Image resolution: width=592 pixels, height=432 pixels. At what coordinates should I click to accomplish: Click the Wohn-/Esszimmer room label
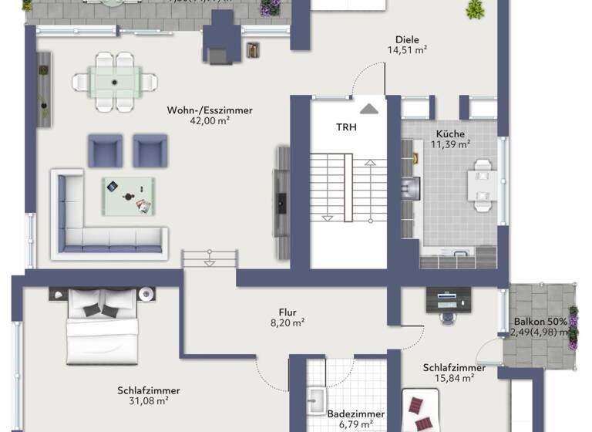pyautogui.click(x=210, y=110)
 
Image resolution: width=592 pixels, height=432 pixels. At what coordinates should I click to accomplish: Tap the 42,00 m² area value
pyautogui.click(x=210, y=120)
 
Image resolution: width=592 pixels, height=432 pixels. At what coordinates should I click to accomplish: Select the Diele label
pyautogui.click(x=408, y=39)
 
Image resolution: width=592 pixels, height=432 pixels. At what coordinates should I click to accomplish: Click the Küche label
pyautogui.click(x=450, y=133)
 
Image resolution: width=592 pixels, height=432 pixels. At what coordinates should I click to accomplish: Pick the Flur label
pyautogui.click(x=288, y=313)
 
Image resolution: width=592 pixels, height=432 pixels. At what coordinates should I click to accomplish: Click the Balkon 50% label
pyautogui.click(x=541, y=322)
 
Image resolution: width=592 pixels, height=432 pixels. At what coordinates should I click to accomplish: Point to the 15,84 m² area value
pyautogui.click(x=454, y=378)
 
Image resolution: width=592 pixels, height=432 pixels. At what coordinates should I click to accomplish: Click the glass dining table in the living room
pyautogui.click(x=114, y=80)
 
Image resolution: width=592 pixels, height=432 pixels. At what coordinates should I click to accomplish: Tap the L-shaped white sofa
pyautogui.click(x=100, y=224)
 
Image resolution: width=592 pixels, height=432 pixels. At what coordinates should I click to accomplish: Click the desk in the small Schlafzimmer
pyautogui.click(x=449, y=299)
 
